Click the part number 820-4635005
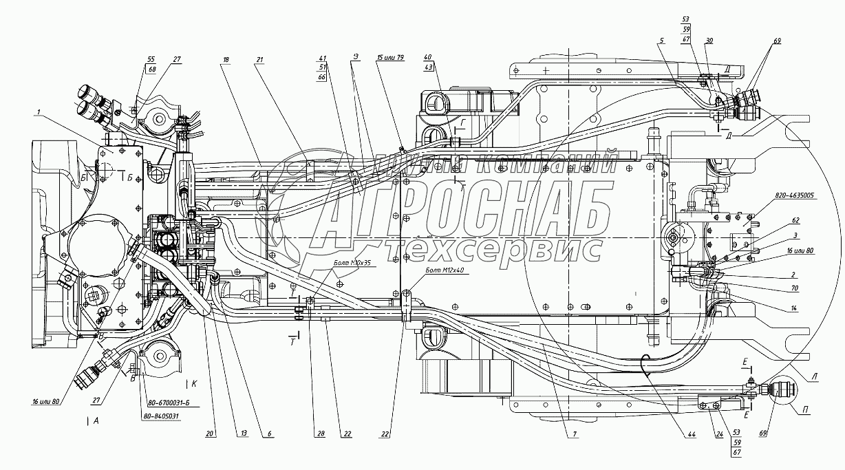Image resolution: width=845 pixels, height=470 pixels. pos(794,195)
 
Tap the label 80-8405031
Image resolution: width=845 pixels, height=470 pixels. pos(160,416)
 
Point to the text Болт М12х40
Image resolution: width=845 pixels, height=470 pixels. pos(445,270)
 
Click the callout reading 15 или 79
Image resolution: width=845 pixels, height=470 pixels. pos(392,58)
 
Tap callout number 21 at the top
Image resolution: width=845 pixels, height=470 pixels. pos(260,59)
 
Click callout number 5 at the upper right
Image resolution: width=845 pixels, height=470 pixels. pos(661,41)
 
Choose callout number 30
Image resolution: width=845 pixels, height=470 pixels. pos(709,41)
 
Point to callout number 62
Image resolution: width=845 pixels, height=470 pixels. pos(795,221)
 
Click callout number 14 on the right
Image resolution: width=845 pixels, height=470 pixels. pos(794,309)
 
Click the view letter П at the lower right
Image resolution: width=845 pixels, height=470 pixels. pos(804,412)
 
